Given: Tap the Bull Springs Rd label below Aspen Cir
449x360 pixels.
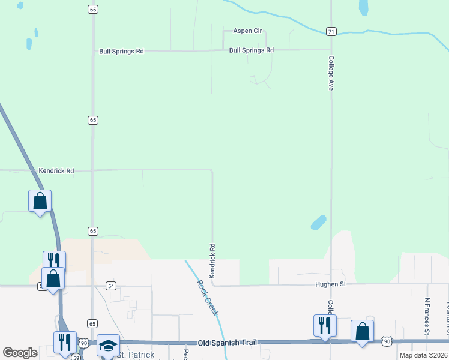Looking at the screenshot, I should click(251, 50).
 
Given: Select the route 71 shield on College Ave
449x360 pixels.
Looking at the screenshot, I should click(331, 31).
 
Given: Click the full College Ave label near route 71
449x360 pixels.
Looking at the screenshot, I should click(331, 73).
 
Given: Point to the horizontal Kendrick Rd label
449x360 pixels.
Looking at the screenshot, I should click(56, 171).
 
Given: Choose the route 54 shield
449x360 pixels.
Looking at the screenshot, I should click(111, 286).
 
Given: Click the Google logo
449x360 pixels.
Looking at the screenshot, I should click(20, 353).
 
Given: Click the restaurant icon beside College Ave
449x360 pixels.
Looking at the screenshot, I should click(325, 325).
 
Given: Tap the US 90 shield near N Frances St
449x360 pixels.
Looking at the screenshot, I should click(385, 341).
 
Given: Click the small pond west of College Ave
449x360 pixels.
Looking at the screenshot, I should click(318, 223).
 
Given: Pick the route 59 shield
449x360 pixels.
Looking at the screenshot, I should click(76, 357).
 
